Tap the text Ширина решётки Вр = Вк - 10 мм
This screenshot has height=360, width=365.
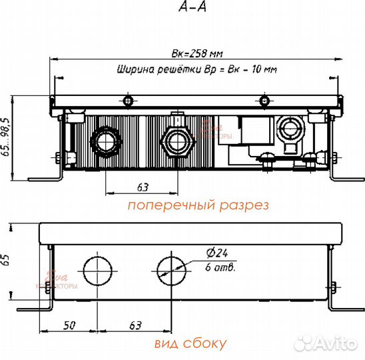tap(196, 69)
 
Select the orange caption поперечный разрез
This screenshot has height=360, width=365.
tap(198, 205)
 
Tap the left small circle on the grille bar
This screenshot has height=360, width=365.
tap(128, 101)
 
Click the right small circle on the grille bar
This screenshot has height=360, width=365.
tap(264, 101)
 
